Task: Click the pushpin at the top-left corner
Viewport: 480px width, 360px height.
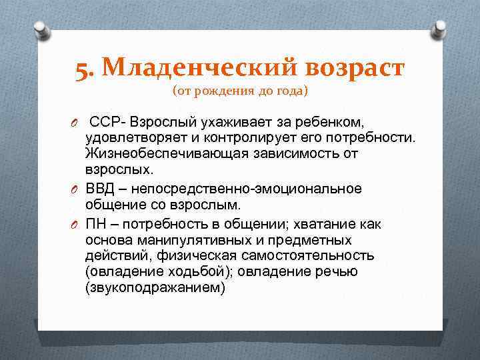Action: tap(40, 29)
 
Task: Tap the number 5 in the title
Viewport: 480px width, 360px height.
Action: tap(83, 69)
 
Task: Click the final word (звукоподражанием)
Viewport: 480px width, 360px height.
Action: tap(156, 287)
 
